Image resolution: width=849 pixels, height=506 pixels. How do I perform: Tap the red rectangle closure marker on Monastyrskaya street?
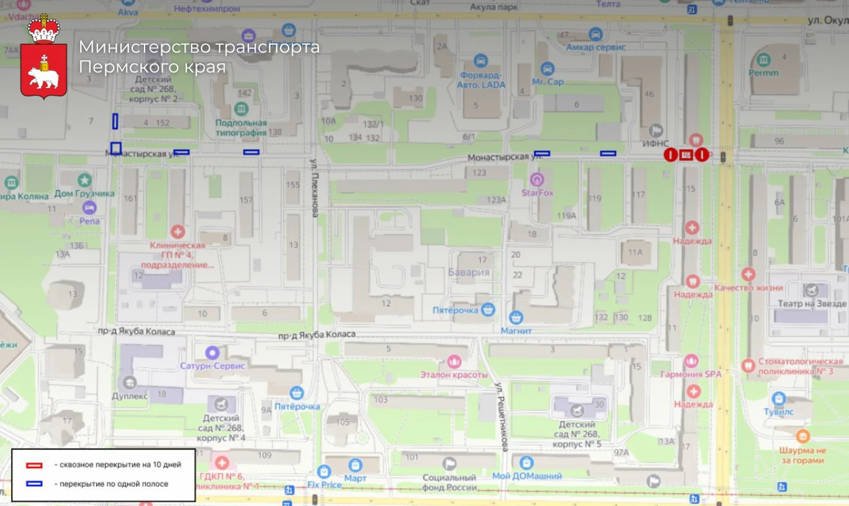click(686, 155)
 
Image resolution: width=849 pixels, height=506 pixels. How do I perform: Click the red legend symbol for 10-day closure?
click(34, 465)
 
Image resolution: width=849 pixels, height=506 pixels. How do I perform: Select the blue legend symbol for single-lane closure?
click(34, 484)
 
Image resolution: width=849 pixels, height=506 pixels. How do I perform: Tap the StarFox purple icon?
click(537, 180)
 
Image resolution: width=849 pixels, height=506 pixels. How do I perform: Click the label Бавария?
click(469, 272)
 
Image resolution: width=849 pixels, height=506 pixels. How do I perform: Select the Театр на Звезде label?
click(812, 304)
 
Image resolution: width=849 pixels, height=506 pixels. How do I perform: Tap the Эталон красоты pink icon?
click(454, 361)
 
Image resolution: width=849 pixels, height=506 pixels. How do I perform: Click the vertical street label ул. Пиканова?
click(314, 186)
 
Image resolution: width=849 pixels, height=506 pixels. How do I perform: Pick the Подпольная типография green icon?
click(241, 109)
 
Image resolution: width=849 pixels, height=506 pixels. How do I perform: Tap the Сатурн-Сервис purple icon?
click(213, 352)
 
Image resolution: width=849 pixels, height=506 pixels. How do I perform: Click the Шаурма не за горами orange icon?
click(802, 436)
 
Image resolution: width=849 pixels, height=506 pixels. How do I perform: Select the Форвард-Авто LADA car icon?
click(481, 61)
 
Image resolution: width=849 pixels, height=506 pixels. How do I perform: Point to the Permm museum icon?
click(763, 60)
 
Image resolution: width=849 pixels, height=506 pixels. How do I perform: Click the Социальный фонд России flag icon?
click(449, 463)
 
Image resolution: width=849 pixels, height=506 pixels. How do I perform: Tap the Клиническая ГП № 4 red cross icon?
click(178, 232)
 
